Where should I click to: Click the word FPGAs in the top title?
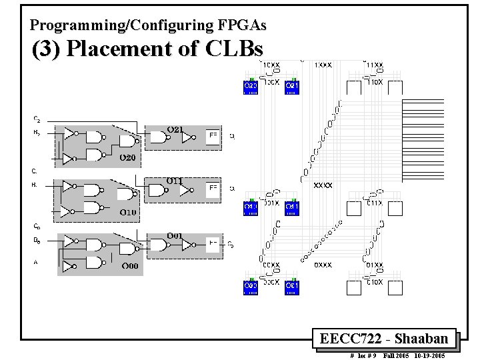pyautogui.click(x=241, y=25)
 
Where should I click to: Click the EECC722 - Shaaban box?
pyautogui.click(x=383, y=339)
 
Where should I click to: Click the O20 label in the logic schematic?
pyautogui.click(x=127, y=158)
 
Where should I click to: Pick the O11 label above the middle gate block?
pyautogui.click(x=175, y=180)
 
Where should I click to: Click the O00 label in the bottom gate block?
pyautogui.click(x=130, y=266)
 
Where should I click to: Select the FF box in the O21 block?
pyautogui.click(x=213, y=135)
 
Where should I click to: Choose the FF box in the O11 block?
pyautogui.click(x=213, y=189)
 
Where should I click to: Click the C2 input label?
pyautogui.click(x=37, y=119)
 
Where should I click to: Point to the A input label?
pyautogui.click(x=35, y=262)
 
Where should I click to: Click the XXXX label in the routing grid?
pyautogui.click(x=323, y=185)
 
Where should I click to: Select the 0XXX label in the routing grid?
pyautogui.click(x=323, y=265)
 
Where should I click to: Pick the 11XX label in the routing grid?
pyautogui.click(x=375, y=65)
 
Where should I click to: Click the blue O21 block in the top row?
pyautogui.click(x=292, y=87)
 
